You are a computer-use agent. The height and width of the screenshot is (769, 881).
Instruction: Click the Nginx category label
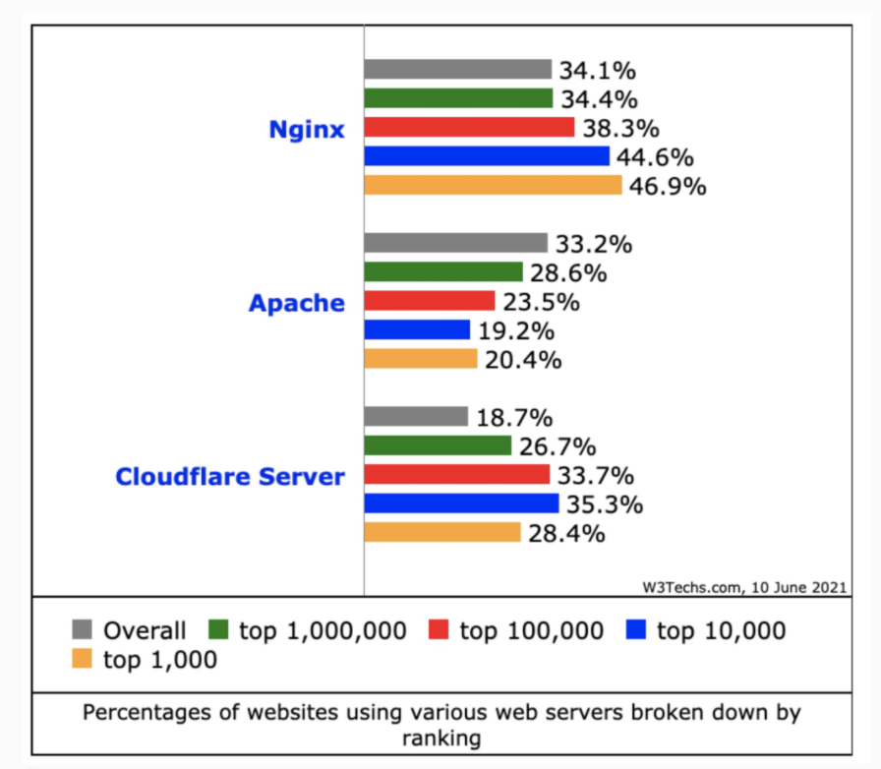(x=307, y=129)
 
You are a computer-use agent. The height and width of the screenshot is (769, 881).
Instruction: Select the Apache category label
(x=297, y=303)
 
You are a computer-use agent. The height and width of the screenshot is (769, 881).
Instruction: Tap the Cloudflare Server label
(x=230, y=477)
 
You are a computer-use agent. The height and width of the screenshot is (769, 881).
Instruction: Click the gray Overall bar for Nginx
(x=457, y=69)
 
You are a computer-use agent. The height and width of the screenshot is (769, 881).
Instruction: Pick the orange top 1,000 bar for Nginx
(x=493, y=185)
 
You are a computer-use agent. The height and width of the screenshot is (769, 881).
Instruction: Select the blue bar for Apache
(x=417, y=329)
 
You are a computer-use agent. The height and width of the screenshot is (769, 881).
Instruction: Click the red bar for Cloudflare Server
(x=456, y=475)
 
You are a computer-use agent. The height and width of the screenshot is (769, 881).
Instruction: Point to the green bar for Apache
(x=442, y=271)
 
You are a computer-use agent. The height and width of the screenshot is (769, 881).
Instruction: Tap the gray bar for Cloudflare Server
(x=416, y=417)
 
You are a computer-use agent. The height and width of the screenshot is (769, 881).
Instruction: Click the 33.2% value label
(x=594, y=244)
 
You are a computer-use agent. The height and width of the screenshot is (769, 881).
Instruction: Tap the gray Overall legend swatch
(x=84, y=630)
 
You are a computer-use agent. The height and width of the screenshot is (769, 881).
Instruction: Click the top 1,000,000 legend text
(x=323, y=630)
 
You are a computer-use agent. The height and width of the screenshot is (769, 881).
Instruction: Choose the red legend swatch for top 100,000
(x=440, y=630)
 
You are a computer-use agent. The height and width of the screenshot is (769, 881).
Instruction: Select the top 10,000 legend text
(x=721, y=630)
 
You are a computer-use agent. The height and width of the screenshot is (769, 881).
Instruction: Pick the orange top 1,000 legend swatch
(x=84, y=660)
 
